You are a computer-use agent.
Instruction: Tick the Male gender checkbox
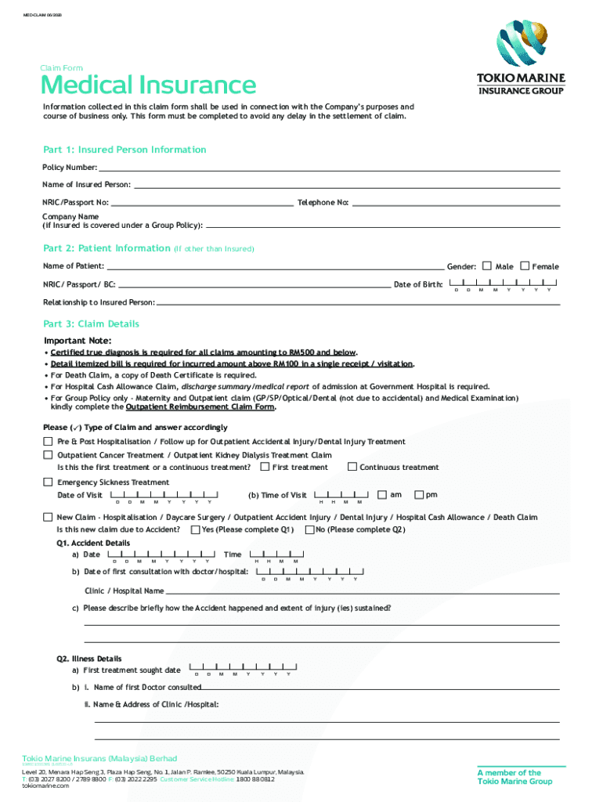click(487, 266)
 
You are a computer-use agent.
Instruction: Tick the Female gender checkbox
click(525, 266)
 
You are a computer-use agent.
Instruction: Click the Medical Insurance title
click(148, 85)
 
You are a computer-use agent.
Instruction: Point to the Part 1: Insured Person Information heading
click(125, 150)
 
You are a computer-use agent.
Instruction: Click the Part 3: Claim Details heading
click(92, 324)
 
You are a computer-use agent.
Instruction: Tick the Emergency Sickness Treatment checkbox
click(48, 482)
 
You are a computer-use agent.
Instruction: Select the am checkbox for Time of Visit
click(382, 494)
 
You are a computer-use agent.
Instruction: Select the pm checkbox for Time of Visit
click(419, 494)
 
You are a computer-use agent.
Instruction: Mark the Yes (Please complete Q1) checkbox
click(195, 529)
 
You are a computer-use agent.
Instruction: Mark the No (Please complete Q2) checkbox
click(309, 529)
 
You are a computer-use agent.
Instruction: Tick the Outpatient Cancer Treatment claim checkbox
click(48, 454)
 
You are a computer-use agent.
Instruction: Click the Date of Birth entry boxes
click(500, 284)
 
